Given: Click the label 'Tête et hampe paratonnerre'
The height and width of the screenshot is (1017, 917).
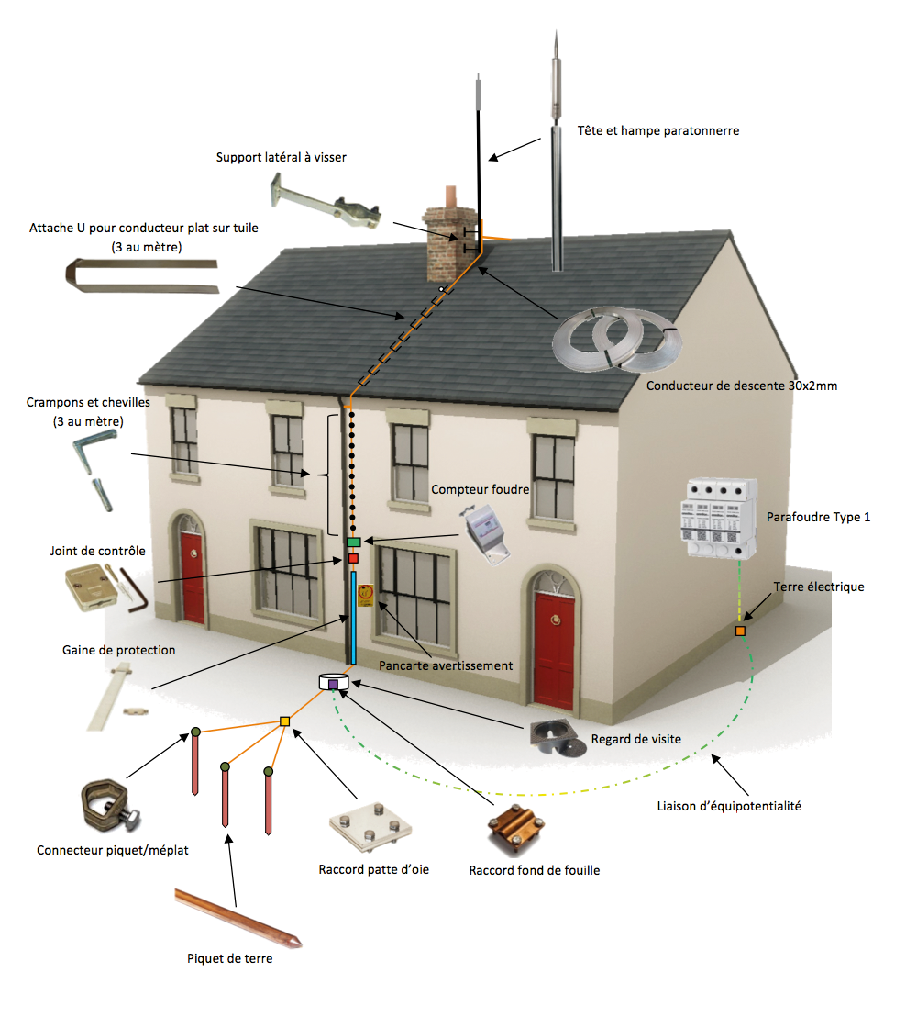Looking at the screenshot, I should click(x=658, y=131).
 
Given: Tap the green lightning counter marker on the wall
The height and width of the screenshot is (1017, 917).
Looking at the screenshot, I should click(x=354, y=542).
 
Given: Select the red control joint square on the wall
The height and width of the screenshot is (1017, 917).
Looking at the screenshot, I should click(x=353, y=558).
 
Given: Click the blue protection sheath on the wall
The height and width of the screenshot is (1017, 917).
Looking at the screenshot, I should click(x=354, y=617).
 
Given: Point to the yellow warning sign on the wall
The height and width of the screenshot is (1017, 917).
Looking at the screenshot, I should click(x=365, y=595).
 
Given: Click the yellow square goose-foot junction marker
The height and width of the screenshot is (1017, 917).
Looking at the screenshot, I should click(x=284, y=721).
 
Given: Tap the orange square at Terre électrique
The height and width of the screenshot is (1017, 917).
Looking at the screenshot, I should click(x=740, y=631).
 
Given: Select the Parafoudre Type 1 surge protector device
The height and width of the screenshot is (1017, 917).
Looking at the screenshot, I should click(x=717, y=519).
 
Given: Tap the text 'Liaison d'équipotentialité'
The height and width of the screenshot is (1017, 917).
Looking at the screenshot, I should click(x=729, y=806).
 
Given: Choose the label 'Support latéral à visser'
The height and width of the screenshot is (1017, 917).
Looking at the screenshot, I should click(x=282, y=158).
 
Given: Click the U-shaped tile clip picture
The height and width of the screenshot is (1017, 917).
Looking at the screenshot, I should click(x=142, y=273).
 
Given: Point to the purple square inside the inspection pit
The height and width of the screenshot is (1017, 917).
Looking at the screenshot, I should click(x=333, y=684).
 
